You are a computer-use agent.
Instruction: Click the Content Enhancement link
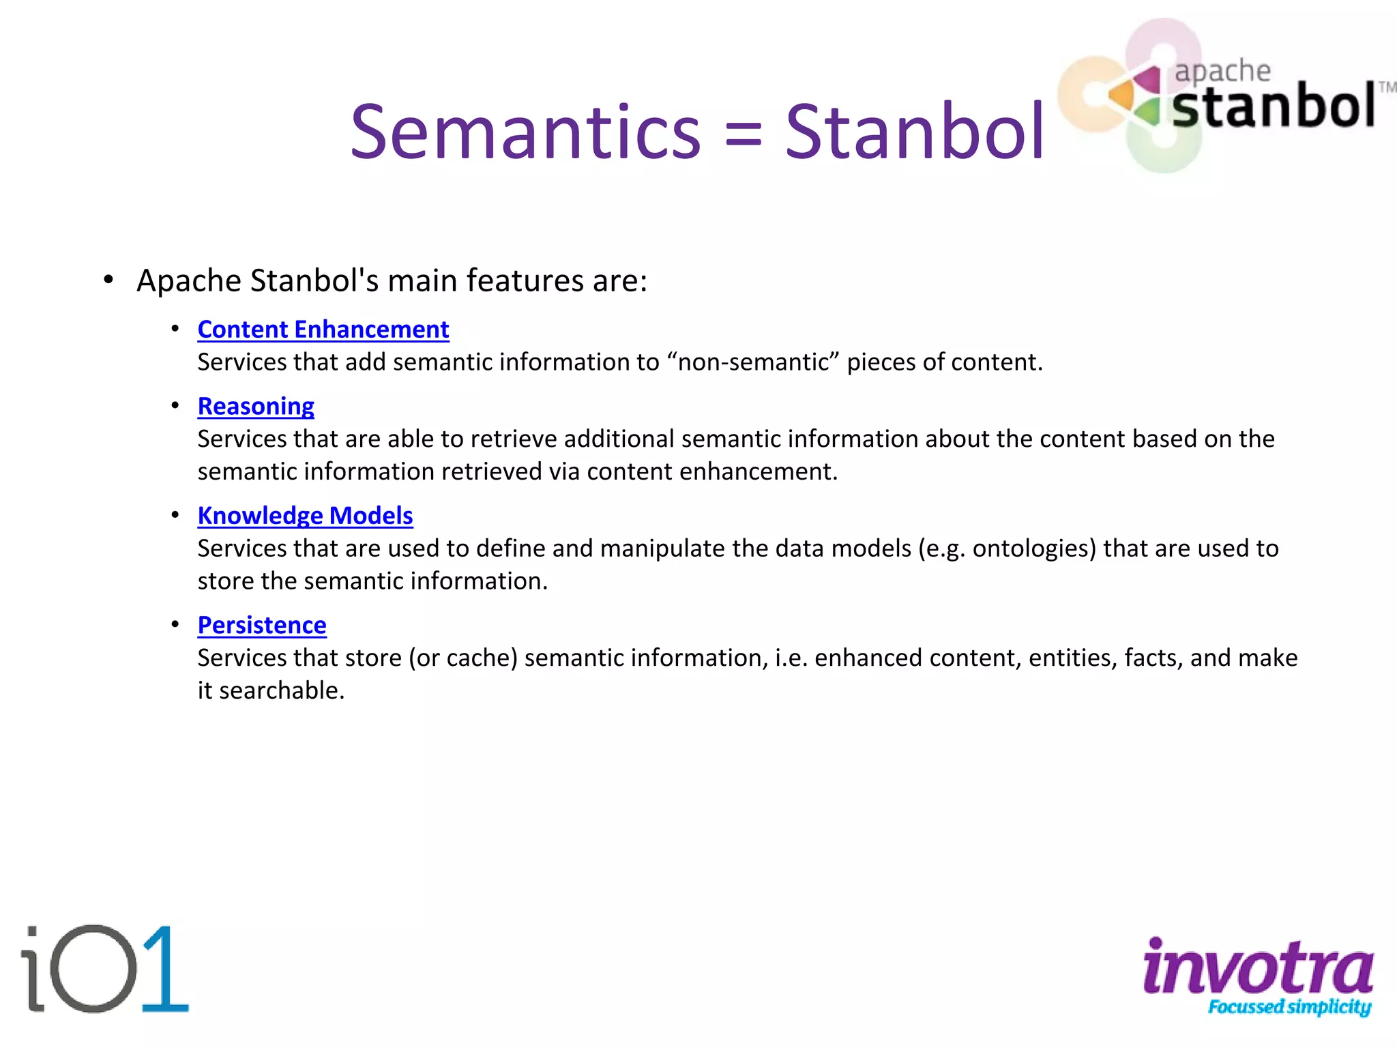click(x=323, y=330)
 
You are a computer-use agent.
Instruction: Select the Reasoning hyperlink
click(x=256, y=406)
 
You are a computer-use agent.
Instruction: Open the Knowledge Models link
click(x=305, y=516)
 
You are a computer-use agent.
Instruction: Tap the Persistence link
click(x=262, y=625)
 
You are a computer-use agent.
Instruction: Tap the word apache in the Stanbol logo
click(x=1222, y=71)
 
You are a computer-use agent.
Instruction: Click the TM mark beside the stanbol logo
click(x=1387, y=87)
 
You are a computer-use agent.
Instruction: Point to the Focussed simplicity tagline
click(x=1289, y=1007)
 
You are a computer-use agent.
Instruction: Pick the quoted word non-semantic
click(x=754, y=362)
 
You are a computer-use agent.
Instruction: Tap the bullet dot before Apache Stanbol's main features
click(x=108, y=280)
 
